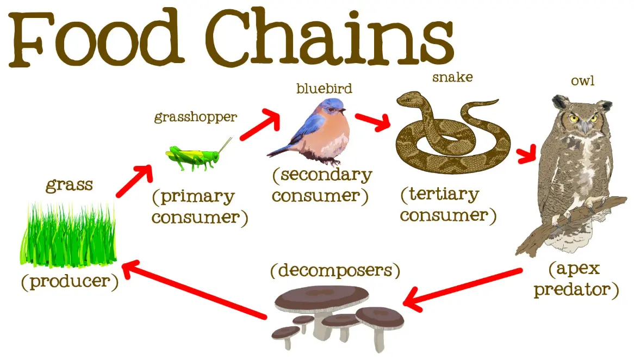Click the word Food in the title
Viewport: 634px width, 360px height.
96,39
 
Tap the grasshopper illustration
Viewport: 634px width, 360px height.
198,156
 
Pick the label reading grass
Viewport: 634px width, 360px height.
69,185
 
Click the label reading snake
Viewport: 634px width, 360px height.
452,77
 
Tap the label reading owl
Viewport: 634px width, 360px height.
583,81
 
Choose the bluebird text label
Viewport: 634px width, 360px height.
324,88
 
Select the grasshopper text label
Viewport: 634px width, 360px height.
196,117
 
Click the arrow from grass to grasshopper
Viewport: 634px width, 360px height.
134,181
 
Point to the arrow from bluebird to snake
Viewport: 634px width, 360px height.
372,122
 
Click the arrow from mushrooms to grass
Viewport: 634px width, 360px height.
194,290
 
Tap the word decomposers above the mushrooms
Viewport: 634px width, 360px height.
335,270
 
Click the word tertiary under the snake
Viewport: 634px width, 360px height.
444,195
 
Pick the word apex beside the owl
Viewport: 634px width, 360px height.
578,269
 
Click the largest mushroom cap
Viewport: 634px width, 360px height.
322,297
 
